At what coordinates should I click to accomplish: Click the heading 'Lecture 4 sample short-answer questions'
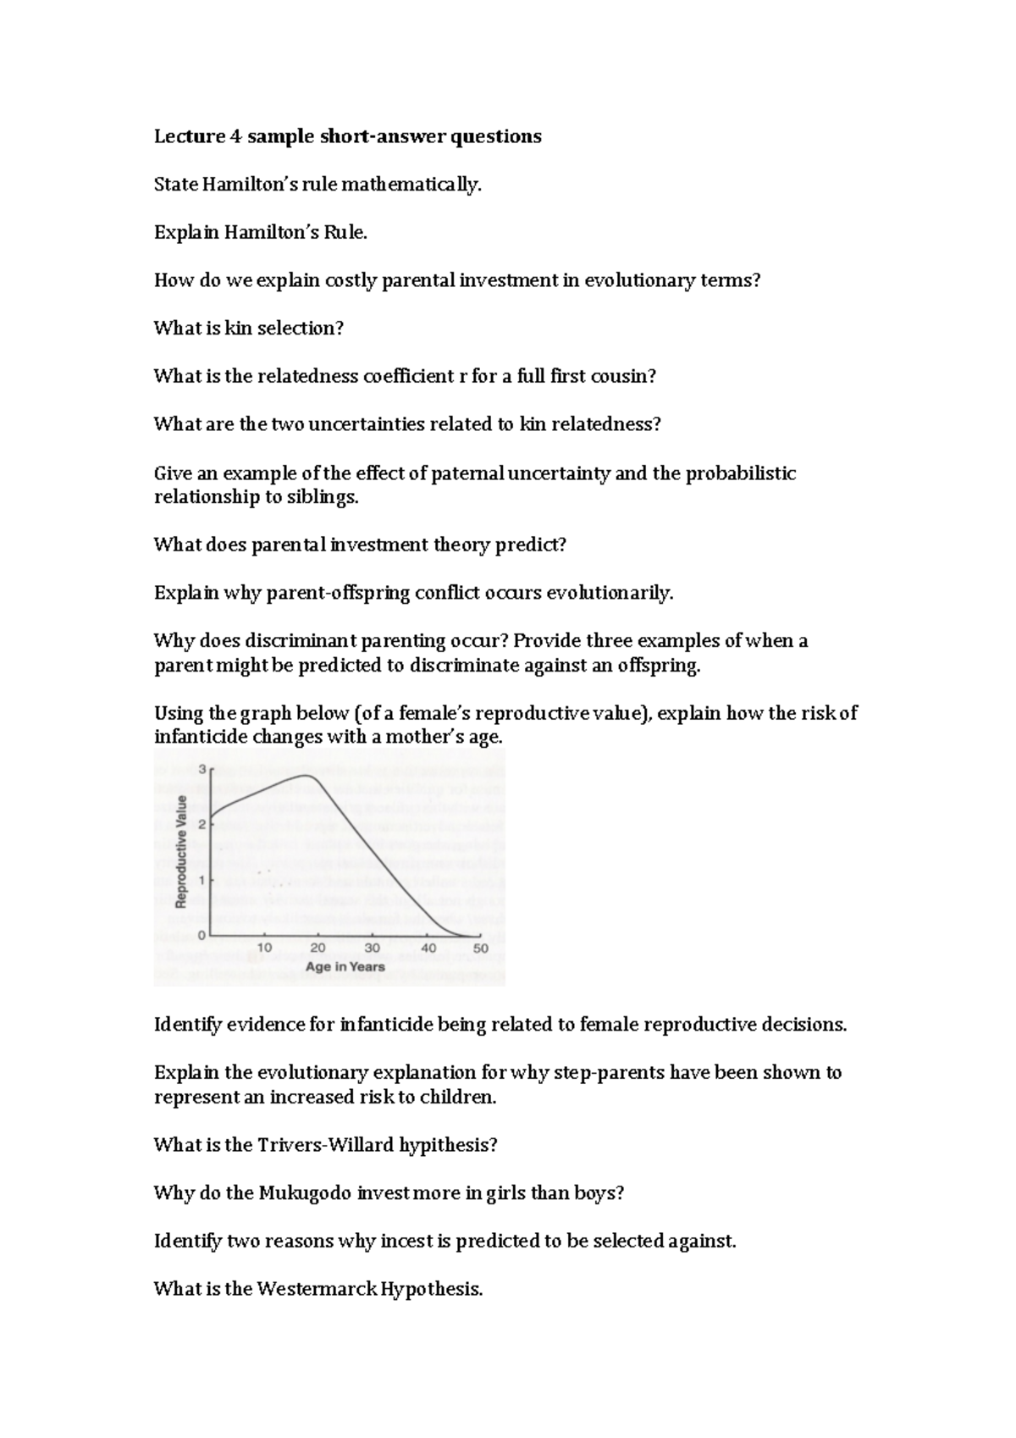[347, 136]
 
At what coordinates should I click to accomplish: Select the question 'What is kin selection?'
[248, 329]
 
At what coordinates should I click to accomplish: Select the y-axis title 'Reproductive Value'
[180, 851]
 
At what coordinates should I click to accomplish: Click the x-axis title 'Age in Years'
[345, 966]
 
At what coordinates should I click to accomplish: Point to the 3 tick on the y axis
[202, 769]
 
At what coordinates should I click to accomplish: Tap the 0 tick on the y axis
[202, 935]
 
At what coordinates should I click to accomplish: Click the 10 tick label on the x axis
[264, 949]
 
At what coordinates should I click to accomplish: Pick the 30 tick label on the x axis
[372, 949]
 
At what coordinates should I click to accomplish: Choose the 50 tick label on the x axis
[480, 949]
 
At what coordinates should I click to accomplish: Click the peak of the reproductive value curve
[306, 776]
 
